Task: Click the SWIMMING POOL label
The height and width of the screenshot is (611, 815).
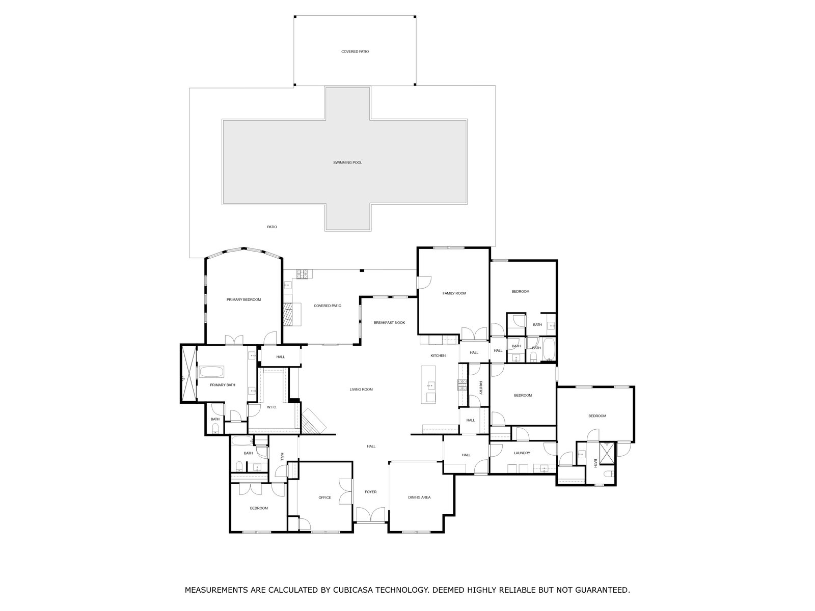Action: point(347,162)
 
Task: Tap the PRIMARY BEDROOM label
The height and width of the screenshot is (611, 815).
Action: point(243,299)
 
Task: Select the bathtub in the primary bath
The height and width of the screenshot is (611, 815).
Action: point(211,371)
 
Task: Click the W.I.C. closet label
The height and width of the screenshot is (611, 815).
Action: point(272,407)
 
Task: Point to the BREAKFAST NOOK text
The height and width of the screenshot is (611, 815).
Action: point(389,322)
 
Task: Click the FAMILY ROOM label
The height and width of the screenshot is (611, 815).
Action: point(454,293)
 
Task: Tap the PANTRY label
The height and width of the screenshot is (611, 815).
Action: point(480,387)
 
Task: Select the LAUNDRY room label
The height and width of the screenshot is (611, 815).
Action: point(522,453)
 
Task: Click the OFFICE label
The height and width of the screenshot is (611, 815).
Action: point(324,497)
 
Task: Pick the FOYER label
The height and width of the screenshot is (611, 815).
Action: point(370,492)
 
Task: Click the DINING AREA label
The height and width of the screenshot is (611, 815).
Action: point(419,497)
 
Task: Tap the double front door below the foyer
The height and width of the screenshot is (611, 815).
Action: point(370,514)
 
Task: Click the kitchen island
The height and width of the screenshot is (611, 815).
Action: point(428,385)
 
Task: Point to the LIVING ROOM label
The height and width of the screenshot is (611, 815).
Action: point(361,389)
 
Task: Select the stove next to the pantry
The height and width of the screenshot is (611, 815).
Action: point(463,385)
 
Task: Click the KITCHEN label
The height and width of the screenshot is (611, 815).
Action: point(438,355)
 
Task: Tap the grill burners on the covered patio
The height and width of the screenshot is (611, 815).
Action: point(302,274)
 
